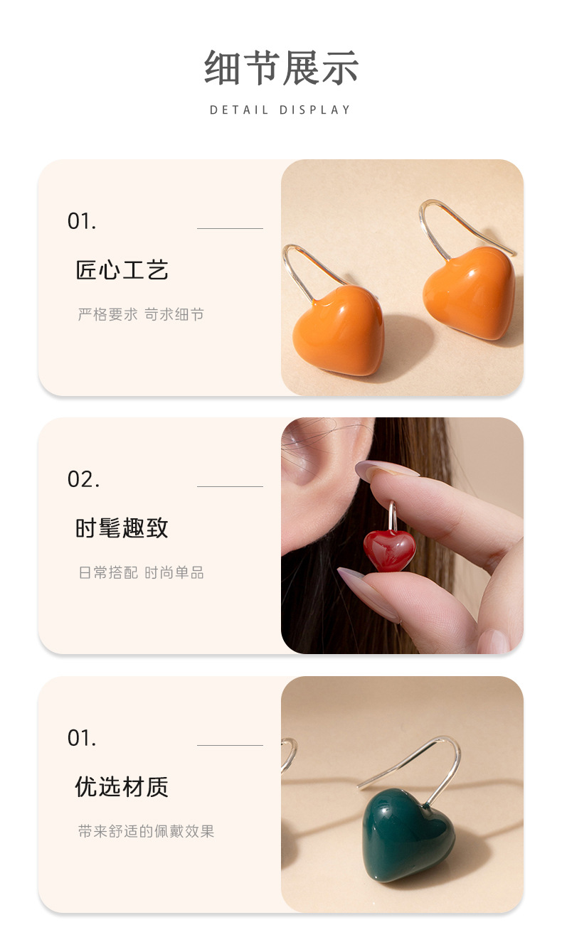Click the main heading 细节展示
click(281, 68)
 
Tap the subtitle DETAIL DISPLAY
click(280, 110)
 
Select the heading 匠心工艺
click(122, 270)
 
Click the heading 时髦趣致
click(122, 528)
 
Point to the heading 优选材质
click(122, 787)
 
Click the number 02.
click(83, 479)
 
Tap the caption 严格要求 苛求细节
click(141, 314)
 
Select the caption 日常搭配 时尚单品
click(141, 573)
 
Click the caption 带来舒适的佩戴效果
click(146, 831)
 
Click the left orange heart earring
click(340, 330)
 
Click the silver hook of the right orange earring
click(455, 217)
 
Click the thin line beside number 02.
click(230, 486)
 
